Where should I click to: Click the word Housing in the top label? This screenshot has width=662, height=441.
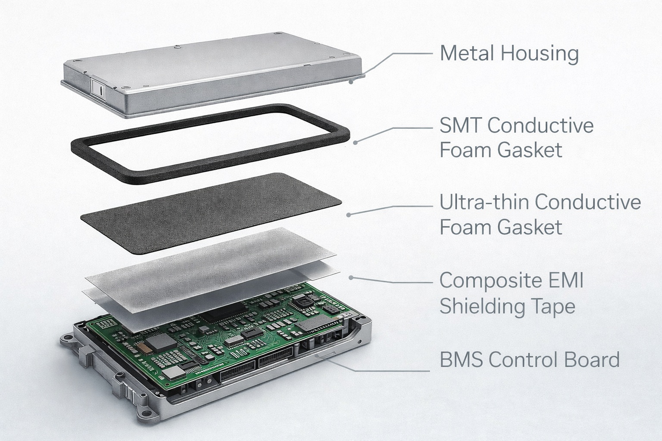[540, 54]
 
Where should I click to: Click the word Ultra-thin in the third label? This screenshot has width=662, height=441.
[484, 202]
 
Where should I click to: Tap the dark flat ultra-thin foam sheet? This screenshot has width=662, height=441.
[211, 213]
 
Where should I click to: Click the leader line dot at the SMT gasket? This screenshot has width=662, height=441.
[355, 143]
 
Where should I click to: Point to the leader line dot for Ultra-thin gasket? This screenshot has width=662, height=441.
[348, 215]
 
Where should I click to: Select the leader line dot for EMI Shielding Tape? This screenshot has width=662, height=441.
[351, 278]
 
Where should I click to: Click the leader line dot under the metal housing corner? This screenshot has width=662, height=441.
[351, 82]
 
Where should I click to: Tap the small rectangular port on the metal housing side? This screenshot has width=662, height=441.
[98, 88]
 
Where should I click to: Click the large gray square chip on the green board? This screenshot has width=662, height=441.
[161, 342]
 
